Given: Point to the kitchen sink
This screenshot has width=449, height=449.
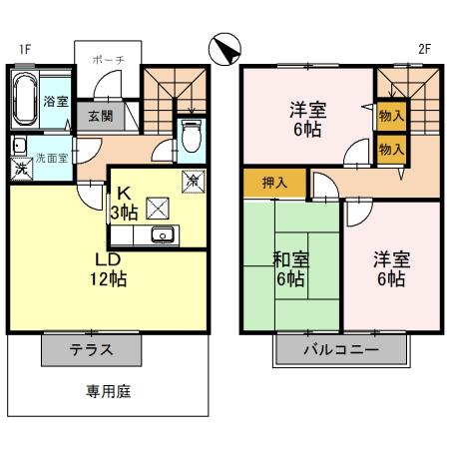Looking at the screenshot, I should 161,235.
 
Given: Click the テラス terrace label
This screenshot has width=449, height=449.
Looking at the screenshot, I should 91,350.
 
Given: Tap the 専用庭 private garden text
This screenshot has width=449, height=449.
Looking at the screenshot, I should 107,392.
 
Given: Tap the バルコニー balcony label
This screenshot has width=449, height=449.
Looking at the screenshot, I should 341,351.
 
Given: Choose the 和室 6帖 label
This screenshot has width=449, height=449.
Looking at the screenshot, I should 291,269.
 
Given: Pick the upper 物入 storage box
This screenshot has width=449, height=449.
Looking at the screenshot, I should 391,115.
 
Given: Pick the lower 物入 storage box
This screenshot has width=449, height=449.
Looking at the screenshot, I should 391,149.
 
